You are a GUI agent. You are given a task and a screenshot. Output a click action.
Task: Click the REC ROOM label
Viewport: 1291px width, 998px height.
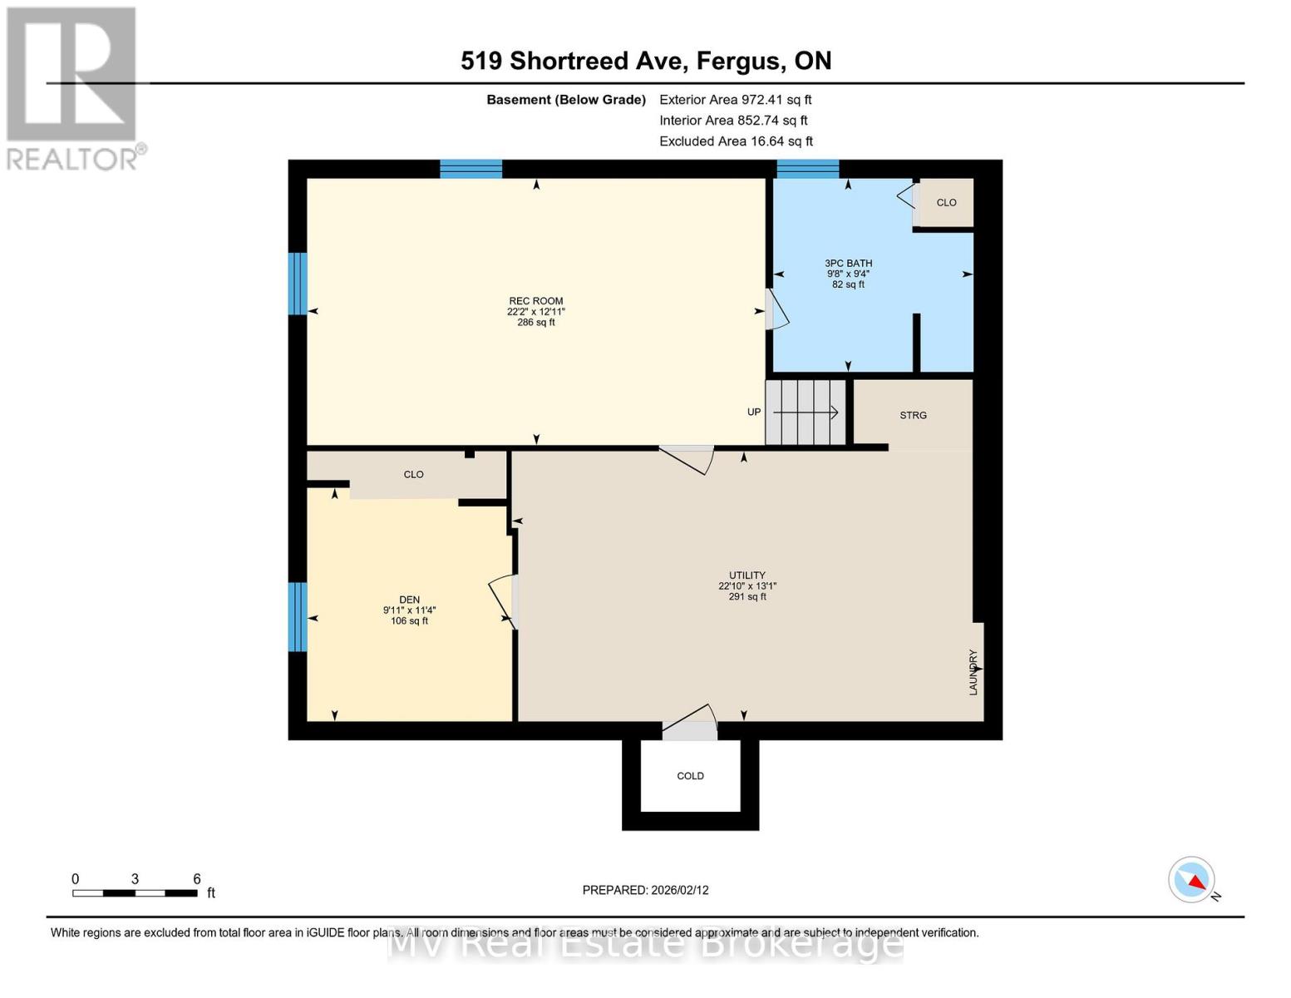(536, 301)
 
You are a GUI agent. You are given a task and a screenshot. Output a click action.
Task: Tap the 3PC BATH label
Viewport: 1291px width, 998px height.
(848, 264)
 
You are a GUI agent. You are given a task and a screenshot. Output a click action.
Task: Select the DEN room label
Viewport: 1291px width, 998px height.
(409, 600)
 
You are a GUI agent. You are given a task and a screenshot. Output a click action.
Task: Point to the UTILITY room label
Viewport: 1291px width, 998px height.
(747, 576)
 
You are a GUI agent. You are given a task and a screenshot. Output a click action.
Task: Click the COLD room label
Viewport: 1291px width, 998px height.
(690, 776)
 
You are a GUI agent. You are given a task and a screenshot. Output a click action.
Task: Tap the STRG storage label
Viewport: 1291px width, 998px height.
(913, 415)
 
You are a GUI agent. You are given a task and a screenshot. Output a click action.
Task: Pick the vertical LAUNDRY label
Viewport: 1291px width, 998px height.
(973, 672)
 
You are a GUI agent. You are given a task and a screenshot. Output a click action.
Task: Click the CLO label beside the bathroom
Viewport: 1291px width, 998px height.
(946, 203)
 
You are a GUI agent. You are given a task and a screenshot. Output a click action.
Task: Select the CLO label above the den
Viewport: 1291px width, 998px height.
(413, 475)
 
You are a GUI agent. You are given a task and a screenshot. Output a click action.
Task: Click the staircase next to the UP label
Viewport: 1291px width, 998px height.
(806, 413)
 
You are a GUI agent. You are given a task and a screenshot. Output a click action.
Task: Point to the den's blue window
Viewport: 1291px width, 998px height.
(297, 616)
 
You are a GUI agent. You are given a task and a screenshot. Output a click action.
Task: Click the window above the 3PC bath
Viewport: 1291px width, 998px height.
(807, 169)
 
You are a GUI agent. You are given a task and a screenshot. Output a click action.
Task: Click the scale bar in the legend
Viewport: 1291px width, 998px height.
(135, 893)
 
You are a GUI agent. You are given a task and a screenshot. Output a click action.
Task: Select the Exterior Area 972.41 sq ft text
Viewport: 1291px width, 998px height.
(735, 100)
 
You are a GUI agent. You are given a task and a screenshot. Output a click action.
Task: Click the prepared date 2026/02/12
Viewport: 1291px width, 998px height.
(645, 890)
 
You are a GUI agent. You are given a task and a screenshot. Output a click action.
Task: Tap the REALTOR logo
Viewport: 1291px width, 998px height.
(73, 87)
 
